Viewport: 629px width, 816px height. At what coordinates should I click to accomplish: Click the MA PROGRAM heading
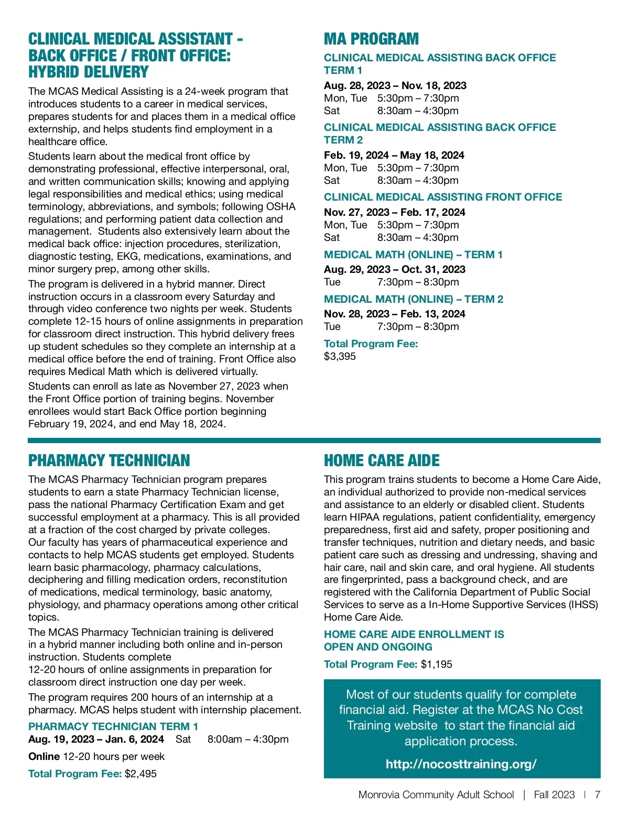[371, 39]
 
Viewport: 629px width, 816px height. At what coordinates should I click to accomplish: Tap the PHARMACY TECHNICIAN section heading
[109, 461]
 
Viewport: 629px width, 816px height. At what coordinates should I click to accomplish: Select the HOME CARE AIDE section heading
[382, 461]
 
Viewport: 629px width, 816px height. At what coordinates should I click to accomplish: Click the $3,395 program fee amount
[340, 356]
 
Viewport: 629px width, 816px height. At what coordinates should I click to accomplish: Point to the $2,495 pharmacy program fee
[140, 774]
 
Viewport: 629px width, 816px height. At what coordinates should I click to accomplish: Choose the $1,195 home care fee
[436, 664]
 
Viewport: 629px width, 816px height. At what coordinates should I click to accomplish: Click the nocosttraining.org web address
[461, 764]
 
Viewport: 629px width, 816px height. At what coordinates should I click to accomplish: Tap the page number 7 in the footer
[597, 795]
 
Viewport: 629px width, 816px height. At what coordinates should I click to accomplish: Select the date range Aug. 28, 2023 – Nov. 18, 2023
[395, 85]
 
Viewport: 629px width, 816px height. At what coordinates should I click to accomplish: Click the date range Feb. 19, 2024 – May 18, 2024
[394, 155]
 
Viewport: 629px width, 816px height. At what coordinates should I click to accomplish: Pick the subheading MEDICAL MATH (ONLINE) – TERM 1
[413, 255]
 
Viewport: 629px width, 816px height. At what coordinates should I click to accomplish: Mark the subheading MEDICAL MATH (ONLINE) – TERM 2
[413, 299]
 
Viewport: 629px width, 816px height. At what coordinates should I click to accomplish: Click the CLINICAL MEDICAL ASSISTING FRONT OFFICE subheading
[443, 197]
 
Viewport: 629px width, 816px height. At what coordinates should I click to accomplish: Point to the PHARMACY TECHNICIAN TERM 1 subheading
[113, 726]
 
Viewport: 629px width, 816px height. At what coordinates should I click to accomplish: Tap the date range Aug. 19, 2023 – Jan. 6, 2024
[96, 739]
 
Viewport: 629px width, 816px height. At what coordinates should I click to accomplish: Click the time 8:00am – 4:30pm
[248, 739]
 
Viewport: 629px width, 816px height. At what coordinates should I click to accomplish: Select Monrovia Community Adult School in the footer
[436, 795]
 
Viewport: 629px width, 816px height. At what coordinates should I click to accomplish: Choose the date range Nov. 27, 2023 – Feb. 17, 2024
[394, 212]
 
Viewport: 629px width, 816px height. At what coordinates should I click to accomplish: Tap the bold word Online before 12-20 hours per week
[44, 756]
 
